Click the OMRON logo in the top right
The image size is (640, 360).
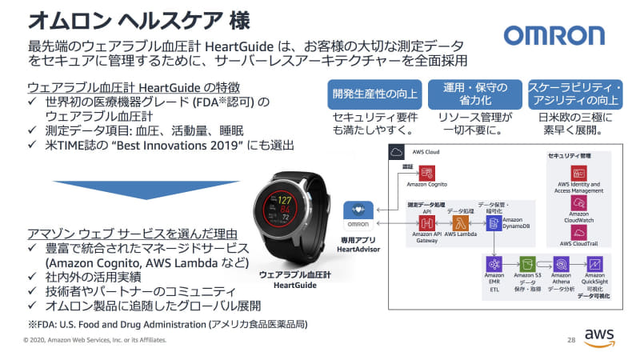point(554,36)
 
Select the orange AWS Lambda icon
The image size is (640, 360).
point(459,223)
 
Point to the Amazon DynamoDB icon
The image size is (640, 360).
point(492,222)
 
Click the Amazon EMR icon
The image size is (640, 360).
point(494,263)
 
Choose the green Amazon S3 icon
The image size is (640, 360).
point(527,263)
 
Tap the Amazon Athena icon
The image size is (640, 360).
point(561,263)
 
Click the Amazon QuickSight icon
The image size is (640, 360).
point(594,263)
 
